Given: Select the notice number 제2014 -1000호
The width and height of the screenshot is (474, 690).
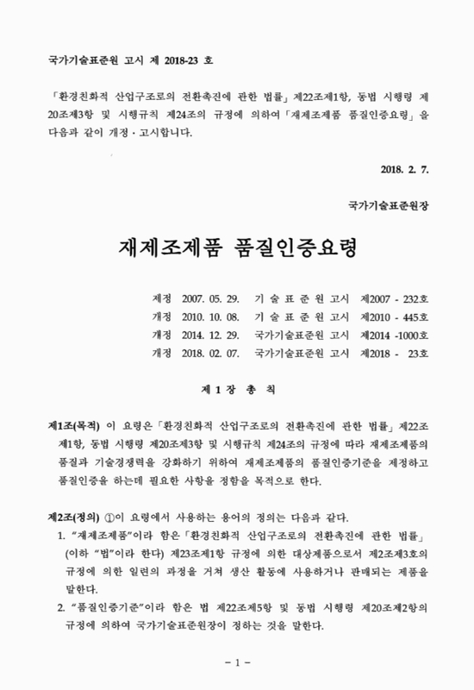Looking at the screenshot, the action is point(391,334).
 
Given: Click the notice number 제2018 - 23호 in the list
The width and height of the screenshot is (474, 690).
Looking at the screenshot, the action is point(391,352).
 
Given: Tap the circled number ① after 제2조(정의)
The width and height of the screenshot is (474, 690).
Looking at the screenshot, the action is point(109,517).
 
